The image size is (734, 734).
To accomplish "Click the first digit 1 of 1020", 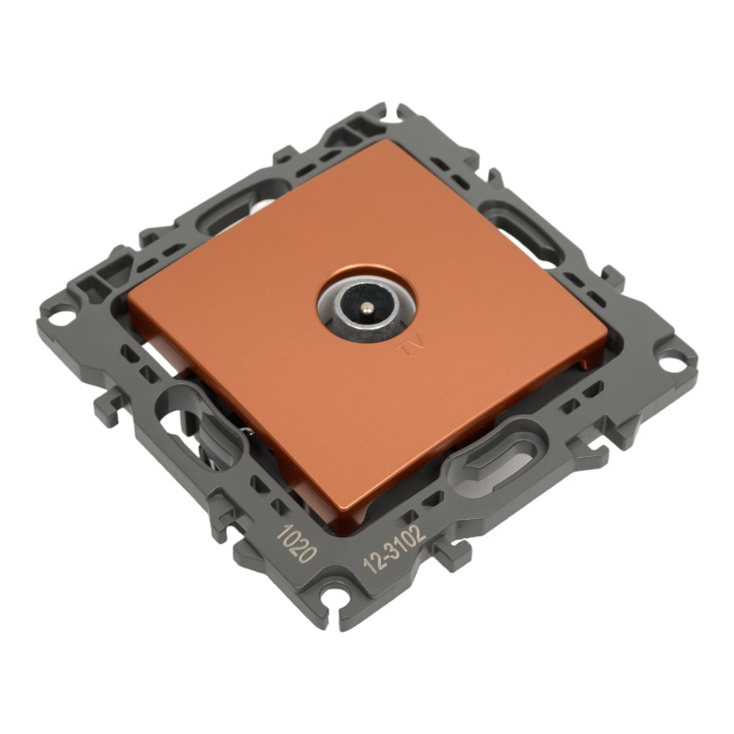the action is point(283,533).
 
